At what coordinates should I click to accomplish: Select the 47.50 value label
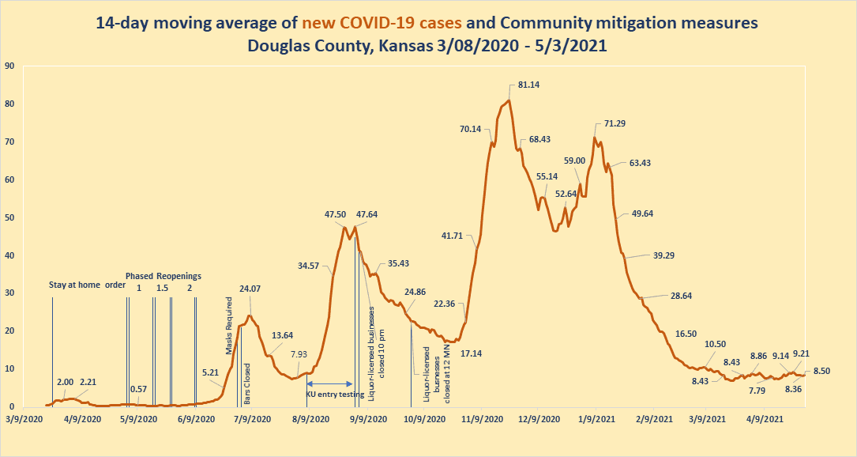(336, 214)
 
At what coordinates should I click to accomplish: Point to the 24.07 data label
(250, 289)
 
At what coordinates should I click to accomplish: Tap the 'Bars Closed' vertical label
(247, 384)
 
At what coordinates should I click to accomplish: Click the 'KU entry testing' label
(335, 393)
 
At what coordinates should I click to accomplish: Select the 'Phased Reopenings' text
(163, 276)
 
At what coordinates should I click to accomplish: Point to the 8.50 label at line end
(821, 371)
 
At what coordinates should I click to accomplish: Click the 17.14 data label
(472, 353)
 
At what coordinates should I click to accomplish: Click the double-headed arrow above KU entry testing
(330, 383)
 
